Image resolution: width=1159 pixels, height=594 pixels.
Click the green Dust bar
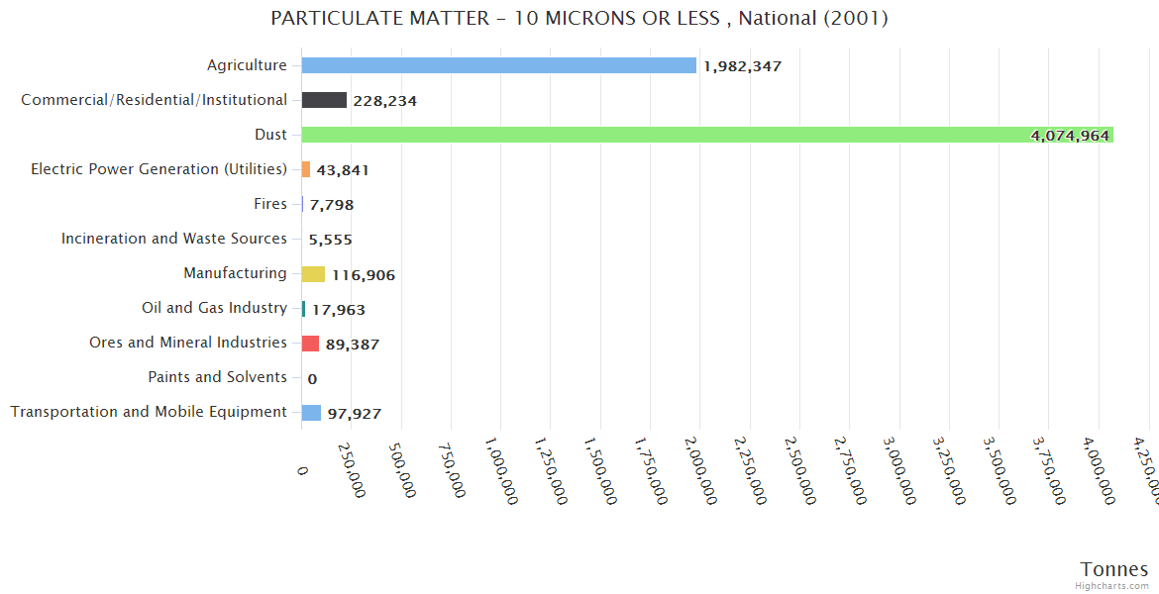[x=707, y=135]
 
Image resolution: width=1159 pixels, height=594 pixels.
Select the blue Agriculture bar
[x=499, y=65]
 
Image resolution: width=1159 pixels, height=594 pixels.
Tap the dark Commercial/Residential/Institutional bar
[x=324, y=100]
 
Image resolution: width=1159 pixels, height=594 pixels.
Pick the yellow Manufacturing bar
[x=313, y=274]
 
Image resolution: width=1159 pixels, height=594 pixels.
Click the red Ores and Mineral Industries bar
[x=310, y=344]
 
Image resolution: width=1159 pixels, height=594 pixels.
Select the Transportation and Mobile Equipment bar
[x=311, y=413]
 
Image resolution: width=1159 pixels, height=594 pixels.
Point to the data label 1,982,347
[x=743, y=66]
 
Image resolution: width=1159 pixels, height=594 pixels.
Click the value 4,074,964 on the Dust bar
[x=1070, y=136]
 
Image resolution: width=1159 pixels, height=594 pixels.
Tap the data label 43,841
[x=343, y=170]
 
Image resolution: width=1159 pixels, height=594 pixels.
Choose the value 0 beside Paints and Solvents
[x=312, y=378]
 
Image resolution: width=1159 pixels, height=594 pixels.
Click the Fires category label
[x=270, y=204]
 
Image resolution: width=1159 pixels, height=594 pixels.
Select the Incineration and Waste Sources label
[x=174, y=239]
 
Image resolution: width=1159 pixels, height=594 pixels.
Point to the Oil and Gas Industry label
[x=214, y=308]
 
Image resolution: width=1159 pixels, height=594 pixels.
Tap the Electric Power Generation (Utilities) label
[x=158, y=169]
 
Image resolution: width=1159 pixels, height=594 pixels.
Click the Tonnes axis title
[x=1114, y=569]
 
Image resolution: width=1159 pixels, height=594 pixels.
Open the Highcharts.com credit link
[x=1112, y=586]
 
